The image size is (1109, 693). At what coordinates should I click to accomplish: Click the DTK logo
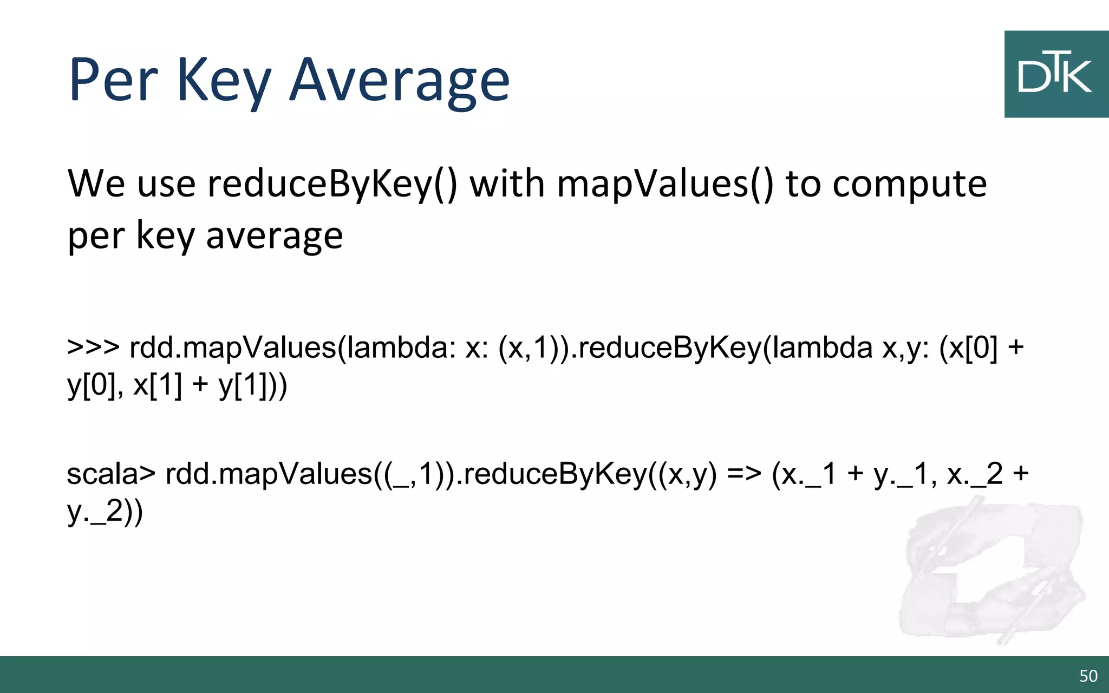click(1056, 74)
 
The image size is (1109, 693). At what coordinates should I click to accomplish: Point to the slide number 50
click(1088, 676)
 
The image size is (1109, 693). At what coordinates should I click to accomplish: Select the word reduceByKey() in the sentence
click(332, 184)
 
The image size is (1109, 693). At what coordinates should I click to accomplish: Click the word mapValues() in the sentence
click(666, 184)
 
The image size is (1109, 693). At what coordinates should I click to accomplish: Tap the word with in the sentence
click(507, 184)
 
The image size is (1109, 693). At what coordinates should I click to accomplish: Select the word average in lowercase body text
click(274, 236)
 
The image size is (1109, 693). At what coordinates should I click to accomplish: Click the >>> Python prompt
click(93, 347)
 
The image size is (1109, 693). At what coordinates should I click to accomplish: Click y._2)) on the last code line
click(105, 512)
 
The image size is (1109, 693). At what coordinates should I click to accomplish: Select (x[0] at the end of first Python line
click(968, 348)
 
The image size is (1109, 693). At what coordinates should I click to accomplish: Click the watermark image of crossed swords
click(991, 571)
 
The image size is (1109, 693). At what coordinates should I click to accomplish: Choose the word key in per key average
click(165, 236)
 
